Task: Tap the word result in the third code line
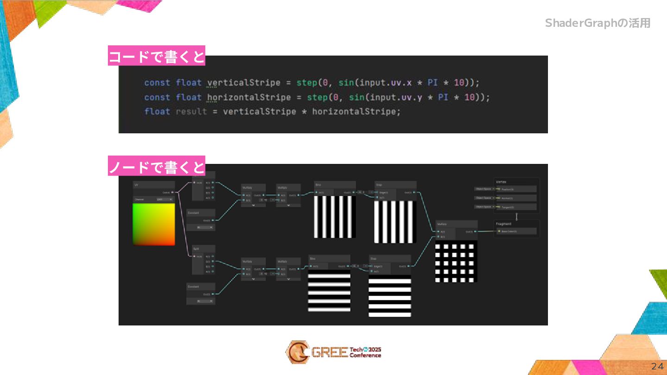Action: [191, 112]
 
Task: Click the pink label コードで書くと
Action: [157, 56]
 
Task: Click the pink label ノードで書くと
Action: [157, 166]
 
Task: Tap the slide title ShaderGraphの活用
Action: [598, 23]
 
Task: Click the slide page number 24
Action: [657, 367]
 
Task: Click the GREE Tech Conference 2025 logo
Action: [333, 352]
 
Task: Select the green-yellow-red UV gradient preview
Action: [154, 224]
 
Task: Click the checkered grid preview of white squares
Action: [456, 261]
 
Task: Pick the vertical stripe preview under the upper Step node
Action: [395, 221]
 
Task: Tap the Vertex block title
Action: [501, 182]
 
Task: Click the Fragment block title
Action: [503, 224]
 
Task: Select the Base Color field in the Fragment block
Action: [516, 231]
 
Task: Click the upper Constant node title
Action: [201, 213]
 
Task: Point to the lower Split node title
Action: [204, 249]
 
